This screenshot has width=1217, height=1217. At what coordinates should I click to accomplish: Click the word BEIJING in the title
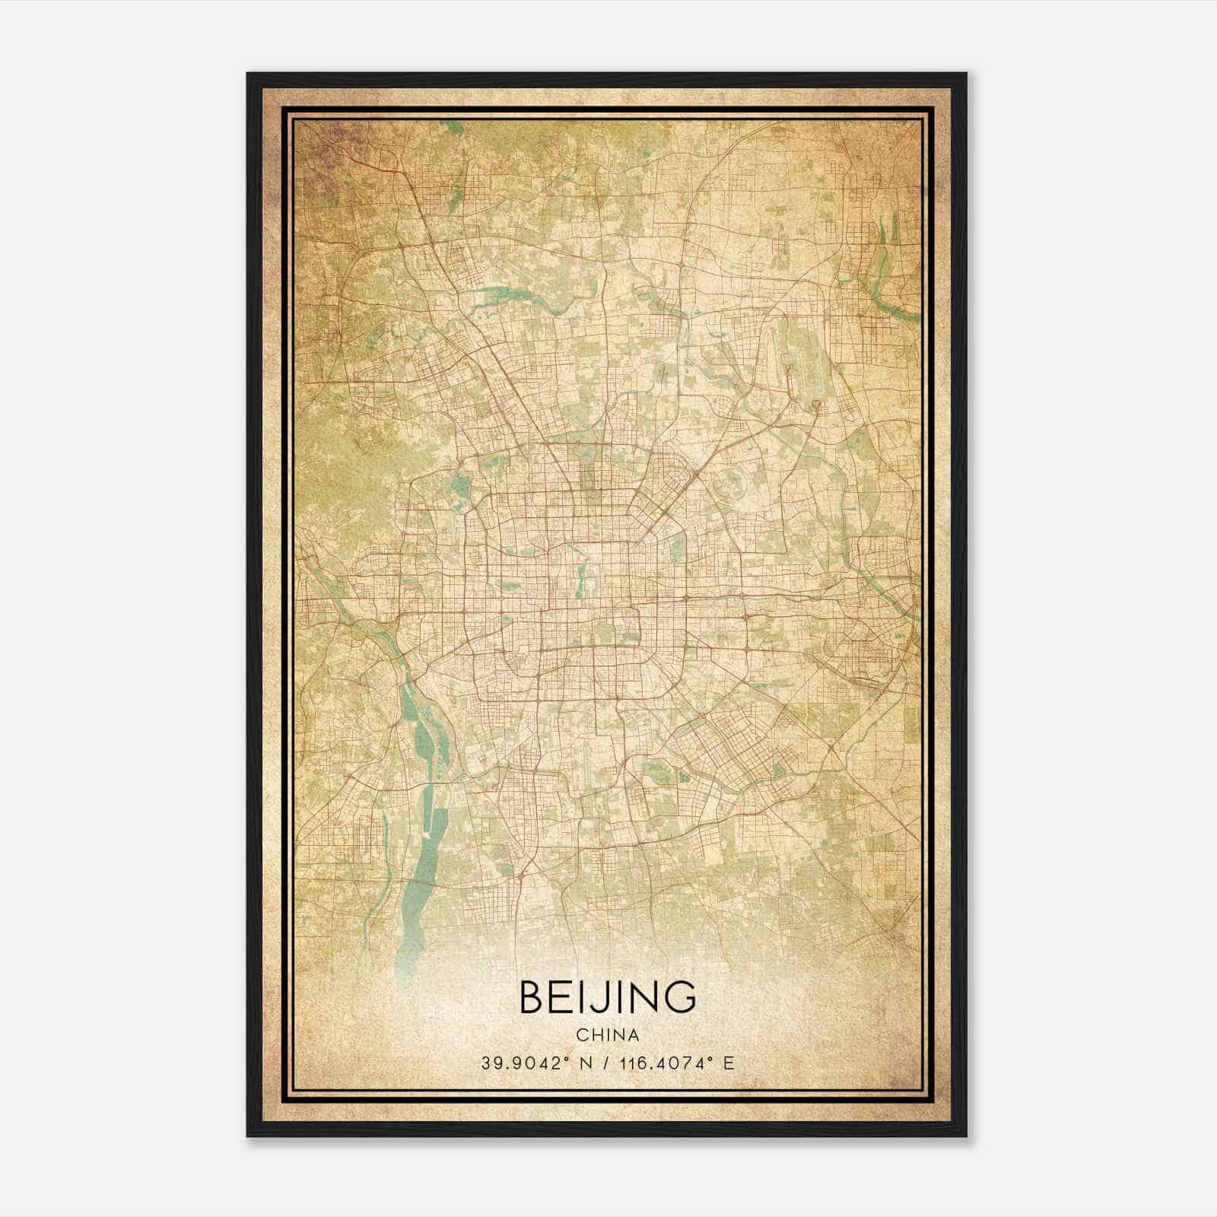tap(607, 997)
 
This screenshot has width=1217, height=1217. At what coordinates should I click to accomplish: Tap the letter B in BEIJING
tap(532, 997)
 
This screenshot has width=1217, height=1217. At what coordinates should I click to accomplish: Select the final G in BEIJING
tap(681, 997)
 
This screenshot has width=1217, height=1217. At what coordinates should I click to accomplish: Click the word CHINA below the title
tap(607, 1035)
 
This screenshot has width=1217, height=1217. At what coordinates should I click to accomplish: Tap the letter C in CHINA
tap(581, 1035)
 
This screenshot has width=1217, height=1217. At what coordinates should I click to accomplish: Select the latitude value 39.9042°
tap(524, 1063)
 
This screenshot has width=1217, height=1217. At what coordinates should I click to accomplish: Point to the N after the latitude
tap(586, 1063)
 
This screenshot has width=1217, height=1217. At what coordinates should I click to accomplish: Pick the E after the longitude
tap(729, 1063)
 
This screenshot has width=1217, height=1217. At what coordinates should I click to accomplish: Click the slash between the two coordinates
tap(605, 1063)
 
